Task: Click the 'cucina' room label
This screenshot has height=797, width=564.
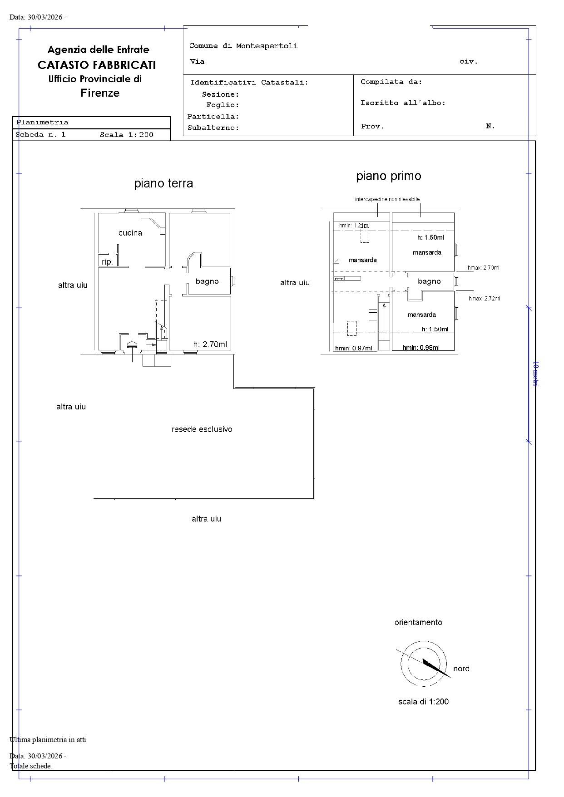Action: [130, 233]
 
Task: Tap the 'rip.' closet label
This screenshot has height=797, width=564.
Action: [107, 262]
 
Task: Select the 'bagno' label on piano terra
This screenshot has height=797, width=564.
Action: [207, 281]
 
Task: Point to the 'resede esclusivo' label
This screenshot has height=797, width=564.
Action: [202, 429]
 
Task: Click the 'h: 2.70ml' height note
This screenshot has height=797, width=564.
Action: [210, 344]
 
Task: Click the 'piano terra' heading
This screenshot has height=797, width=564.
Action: [163, 183]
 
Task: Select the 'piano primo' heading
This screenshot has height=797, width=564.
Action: [389, 176]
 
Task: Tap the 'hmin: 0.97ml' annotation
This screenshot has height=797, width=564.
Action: [353, 349]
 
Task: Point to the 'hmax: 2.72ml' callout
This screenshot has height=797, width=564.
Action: [485, 299]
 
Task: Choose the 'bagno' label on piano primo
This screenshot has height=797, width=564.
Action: [429, 281]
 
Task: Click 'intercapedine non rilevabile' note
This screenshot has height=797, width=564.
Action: [387, 199]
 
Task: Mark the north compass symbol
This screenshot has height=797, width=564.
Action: [424, 664]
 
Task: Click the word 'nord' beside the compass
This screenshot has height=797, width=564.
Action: [461, 669]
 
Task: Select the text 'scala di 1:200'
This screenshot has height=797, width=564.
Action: [424, 702]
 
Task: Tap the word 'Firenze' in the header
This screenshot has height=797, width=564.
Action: [100, 93]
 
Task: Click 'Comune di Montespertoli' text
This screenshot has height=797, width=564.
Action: [243, 46]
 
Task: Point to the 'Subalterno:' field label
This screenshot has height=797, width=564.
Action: [213, 128]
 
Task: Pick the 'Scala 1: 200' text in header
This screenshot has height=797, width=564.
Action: [127, 135]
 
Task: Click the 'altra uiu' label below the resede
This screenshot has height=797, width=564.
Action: [206, 519]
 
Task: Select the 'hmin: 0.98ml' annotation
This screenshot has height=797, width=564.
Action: [421, 348]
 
